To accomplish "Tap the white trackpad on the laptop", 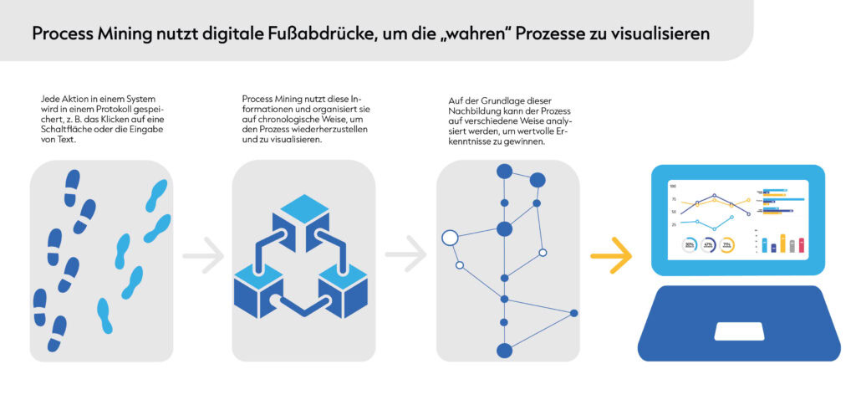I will click(x=738, y=331).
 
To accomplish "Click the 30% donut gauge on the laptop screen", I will click(x=690, y=245).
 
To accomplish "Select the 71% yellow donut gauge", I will click(x=727, y=245).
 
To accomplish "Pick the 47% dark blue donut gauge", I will click(x=709, y=245).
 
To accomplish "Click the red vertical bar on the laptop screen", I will click(x=802, y=245).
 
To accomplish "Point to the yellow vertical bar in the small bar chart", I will click(x=782, y=244).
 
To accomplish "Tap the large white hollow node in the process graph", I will click(x=450, y=238).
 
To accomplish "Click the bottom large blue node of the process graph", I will click(x=504, y=351).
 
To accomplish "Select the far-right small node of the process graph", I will click(x=574, y=314).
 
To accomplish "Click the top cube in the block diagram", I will click(x=301, y=214).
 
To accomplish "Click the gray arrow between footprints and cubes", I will click(x=203, y=255).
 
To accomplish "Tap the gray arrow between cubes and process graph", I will click(x=406, y=255).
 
